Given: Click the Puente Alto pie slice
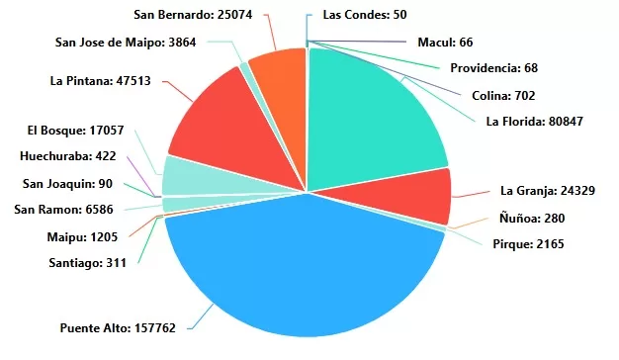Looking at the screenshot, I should (x=302, y=267).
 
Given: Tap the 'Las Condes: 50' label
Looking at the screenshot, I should (x=365, y=15).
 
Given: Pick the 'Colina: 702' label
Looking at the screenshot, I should (x=503, y=96).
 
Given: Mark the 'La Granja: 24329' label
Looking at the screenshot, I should (x=548, y=191).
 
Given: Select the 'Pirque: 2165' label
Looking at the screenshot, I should (x=528, y=243).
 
